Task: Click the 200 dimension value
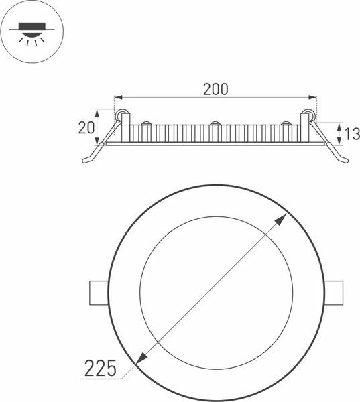[x=216, y=89]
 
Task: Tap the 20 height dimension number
[x=86, y=128]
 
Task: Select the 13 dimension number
[x=352, y=134]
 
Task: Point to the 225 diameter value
[x=101, y=368]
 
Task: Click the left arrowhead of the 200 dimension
[x=118, y=97]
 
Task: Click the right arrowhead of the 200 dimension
[x=312, y=97]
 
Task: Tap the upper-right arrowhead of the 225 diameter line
[x=281, y=218]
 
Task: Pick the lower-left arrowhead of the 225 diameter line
[x=141, y=358]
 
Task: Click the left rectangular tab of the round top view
[x=99, y=293]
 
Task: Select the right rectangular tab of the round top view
[x=333, y=293]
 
